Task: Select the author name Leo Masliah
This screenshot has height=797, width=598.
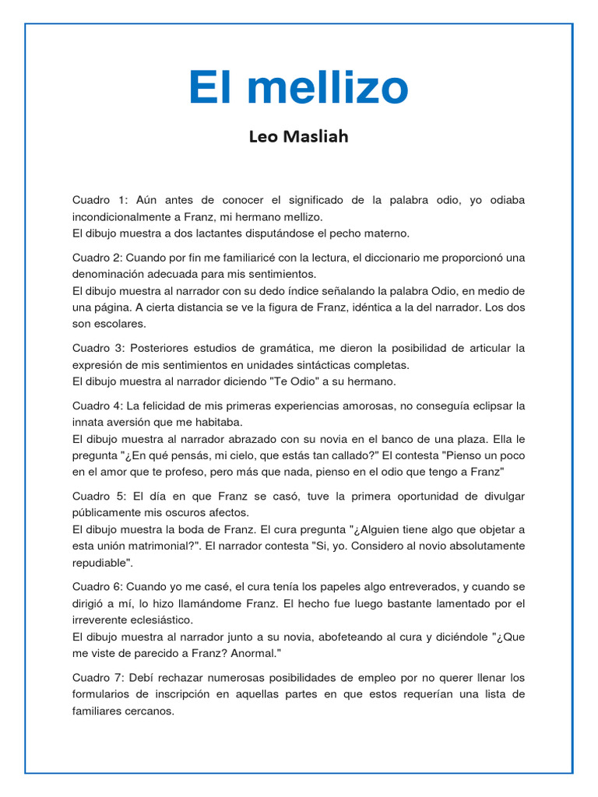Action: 299,137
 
